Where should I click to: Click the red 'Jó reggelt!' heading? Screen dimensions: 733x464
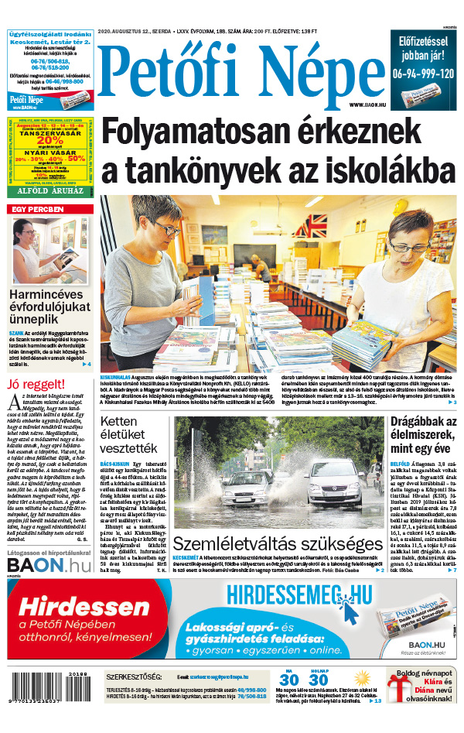coord(35,384)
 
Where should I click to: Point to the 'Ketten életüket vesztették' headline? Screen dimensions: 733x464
coord(129,436)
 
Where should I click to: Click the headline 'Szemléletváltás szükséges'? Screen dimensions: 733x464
coord(278,543)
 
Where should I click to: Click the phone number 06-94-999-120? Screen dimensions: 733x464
coord(422,74)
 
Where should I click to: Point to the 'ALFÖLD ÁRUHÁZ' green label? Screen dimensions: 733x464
coord(50,189)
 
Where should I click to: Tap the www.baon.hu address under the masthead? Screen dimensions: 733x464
coord(367,104)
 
